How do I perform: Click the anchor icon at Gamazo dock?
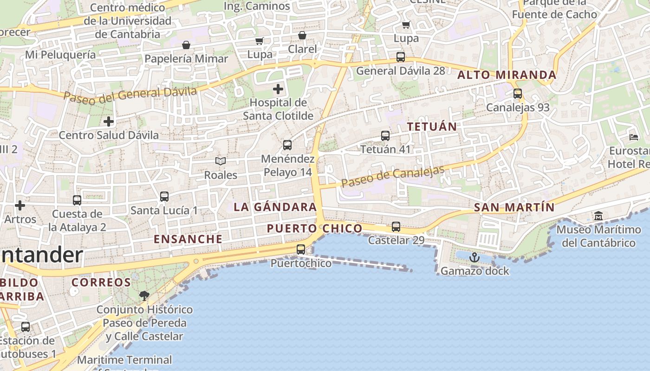[474, 257]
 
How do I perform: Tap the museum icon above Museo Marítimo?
[598, 216]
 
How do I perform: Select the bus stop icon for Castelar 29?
[396, 227]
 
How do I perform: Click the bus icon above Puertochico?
[301, 249]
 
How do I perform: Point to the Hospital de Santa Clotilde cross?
[278, 89]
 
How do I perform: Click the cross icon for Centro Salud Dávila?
[109, 122]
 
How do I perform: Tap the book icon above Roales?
[221, 161]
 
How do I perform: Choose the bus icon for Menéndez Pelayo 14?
[287, 145]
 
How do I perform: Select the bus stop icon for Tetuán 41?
[385, 136]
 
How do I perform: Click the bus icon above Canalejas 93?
[518, 94]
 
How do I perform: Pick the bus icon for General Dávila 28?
[401, 58]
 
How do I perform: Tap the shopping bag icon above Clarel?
[302, 36]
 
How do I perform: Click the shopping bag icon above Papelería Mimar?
[186, 45]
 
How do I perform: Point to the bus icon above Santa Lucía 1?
[164, 197]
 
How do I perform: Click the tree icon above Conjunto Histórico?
[144, 295]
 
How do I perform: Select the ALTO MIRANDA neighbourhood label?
[507, 75]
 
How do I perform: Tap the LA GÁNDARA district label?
[275, 207]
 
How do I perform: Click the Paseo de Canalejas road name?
[393, 176]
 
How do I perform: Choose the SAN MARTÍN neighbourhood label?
[514, 207]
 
